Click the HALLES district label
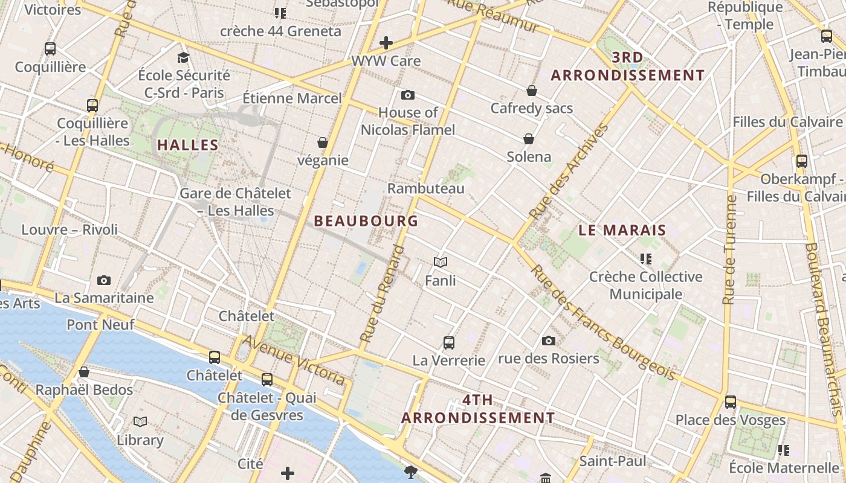coord(188,145)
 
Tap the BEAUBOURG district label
coord(366,221)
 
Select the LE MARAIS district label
coord(622,230)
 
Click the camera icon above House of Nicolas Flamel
coord(408,95)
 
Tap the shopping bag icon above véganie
coord(323,142)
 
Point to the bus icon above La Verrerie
coord(448,343)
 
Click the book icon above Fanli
coord(441,262)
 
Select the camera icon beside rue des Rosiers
coord(549,341)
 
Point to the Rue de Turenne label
coord(731,249)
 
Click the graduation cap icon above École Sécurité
coord(184,57)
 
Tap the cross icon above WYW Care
coord(386,43)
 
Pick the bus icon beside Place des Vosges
coord(731,401)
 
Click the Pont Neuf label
coord(100,324)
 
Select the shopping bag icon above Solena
coord(529,139)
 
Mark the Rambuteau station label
coord(426,188)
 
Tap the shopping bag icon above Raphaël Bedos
coord(84,372)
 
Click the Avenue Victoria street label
coord(294,360)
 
